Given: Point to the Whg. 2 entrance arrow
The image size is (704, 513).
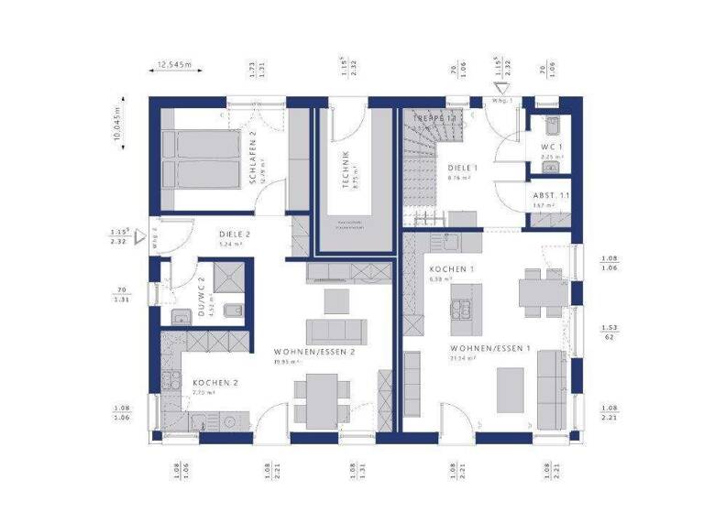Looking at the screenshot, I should (x=140, y=240).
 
